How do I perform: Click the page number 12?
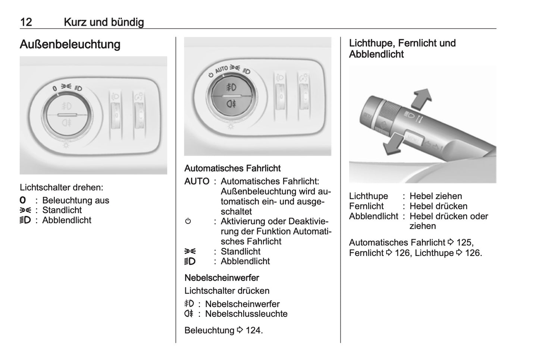(26, 22)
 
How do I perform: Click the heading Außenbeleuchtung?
(70, 44)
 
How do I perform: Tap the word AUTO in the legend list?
(197, 181)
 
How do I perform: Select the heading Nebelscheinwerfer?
(222, 278)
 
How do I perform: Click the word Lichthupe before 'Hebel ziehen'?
(369, 196)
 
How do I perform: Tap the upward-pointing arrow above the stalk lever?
(421, 99)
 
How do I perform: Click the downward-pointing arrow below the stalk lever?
(393, 144)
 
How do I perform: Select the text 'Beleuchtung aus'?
(76, 200)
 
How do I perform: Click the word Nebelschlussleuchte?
(246, 314)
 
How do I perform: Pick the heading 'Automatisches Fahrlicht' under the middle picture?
(232, 168)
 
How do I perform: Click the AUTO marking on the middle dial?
(221, 69)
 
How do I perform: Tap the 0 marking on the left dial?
(55, 88)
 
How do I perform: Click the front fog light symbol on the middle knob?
(231, 87)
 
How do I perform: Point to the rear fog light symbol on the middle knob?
(231, 104)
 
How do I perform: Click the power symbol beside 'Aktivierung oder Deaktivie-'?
(188, 221)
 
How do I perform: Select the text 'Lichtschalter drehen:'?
(62, 187)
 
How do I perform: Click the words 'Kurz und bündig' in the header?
(104, 22)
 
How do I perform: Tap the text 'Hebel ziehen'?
(436, 196)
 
